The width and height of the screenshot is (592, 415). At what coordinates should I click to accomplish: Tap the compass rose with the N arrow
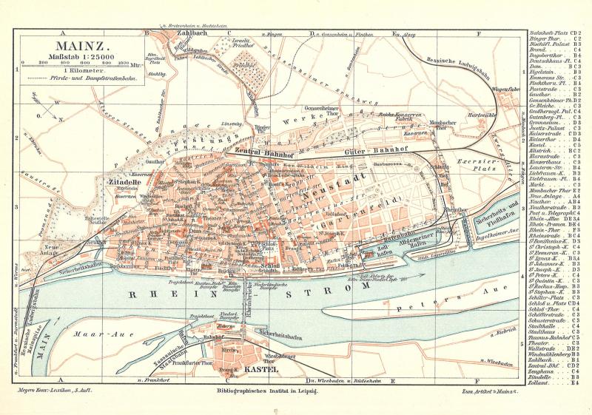click(x=47, y=108)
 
